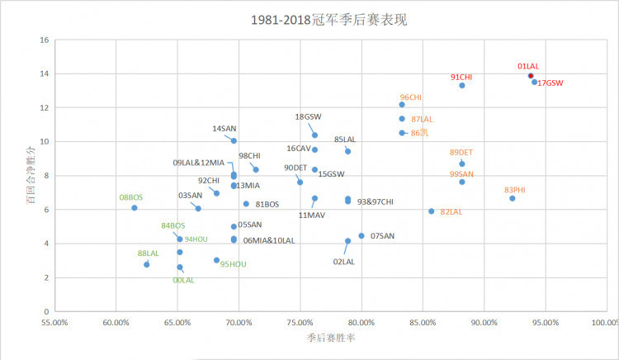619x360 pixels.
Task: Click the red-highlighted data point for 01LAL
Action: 531,76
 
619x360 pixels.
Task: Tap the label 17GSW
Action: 550,83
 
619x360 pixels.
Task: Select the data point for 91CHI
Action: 462,86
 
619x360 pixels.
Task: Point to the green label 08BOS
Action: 130,197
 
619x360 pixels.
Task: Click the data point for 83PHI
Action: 512,198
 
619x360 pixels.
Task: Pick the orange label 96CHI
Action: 410,97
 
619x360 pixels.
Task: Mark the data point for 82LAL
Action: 431,211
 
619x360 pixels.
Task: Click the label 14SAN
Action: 224,129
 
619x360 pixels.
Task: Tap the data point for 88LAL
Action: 146,264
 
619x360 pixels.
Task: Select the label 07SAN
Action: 382,236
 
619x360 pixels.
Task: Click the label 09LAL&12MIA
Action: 198,163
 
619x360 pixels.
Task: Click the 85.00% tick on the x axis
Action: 423,323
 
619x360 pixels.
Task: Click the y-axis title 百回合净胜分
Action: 30,176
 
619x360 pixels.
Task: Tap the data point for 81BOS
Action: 246,204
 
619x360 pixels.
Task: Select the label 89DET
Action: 461,153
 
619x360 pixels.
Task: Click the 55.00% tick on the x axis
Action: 54,323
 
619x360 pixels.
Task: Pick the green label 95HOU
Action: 233,264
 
